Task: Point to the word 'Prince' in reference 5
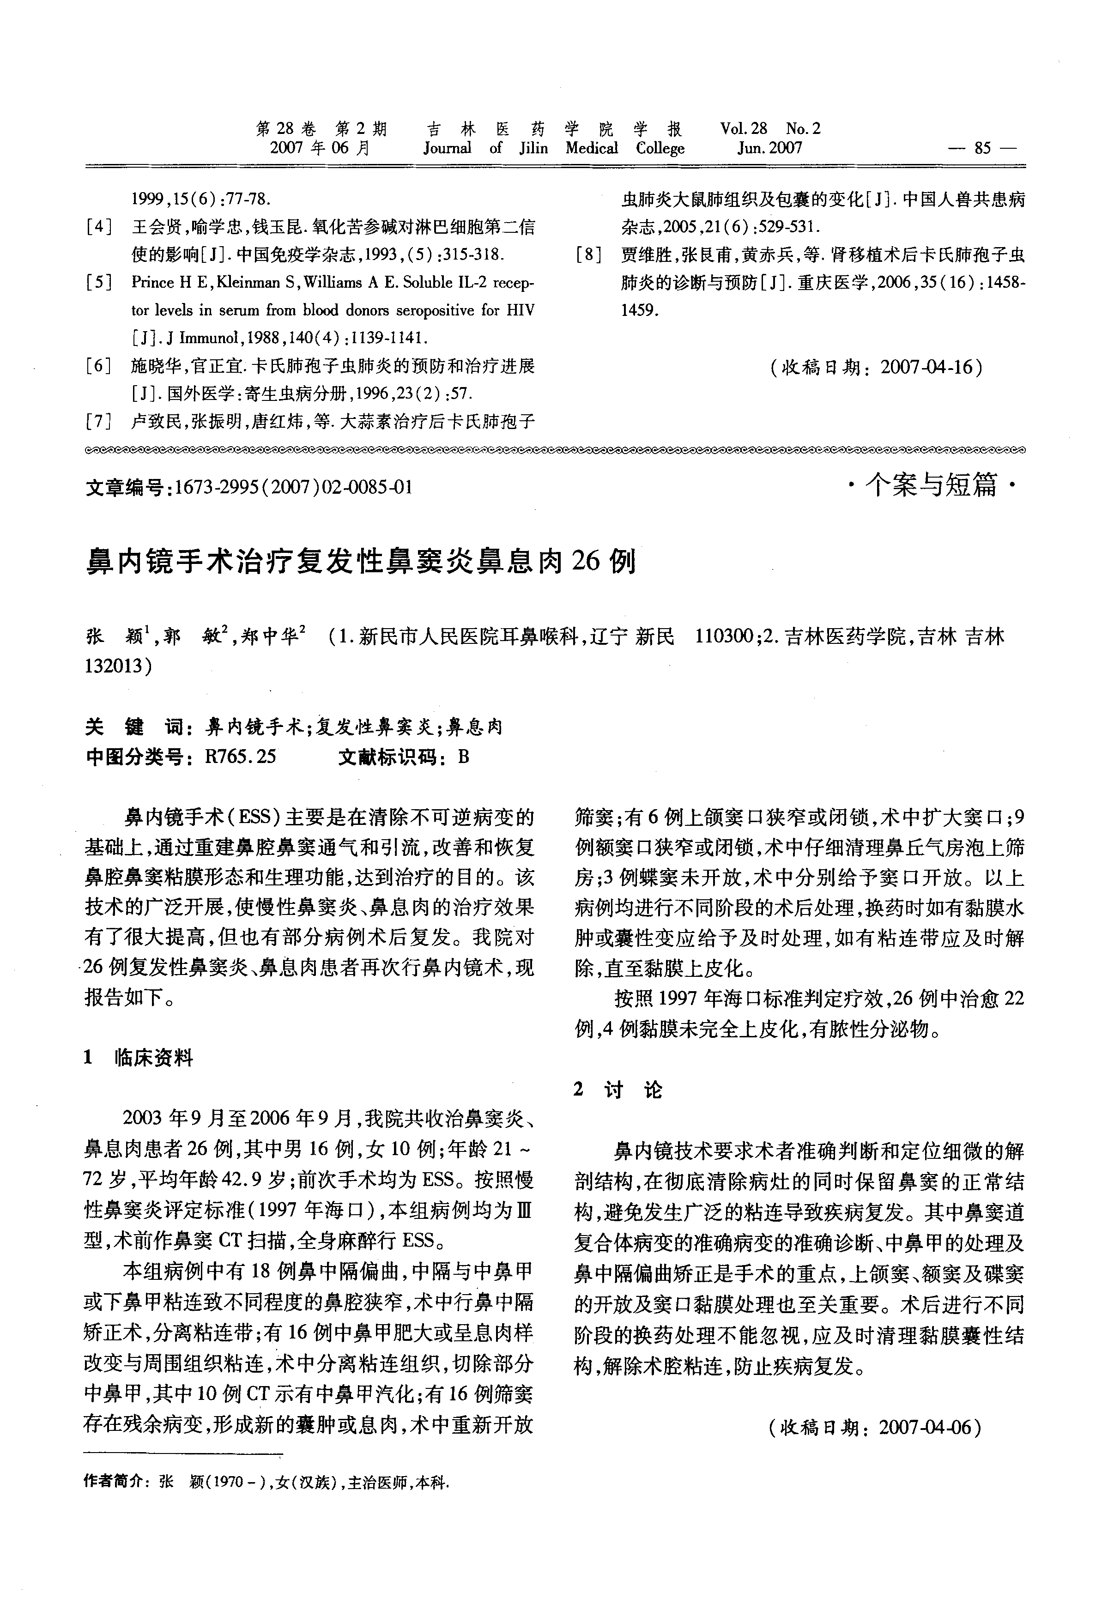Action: click(153, 283)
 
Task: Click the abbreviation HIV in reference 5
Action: click(519, 310)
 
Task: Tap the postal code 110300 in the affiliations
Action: click(724, 636)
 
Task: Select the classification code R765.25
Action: click(241, 757)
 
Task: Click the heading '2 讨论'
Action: click(618, 1090)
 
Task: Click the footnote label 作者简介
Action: click(112, 1482)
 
